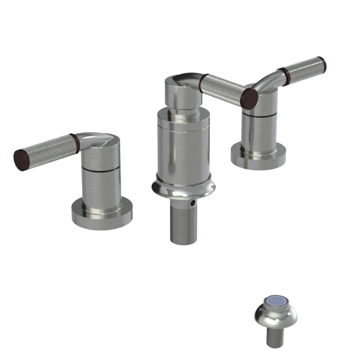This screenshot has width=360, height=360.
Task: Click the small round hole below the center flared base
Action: pyautogui.click(x=194, y=203)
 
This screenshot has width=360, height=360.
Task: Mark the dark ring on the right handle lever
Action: pyautogui.click(x=286, y=73)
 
